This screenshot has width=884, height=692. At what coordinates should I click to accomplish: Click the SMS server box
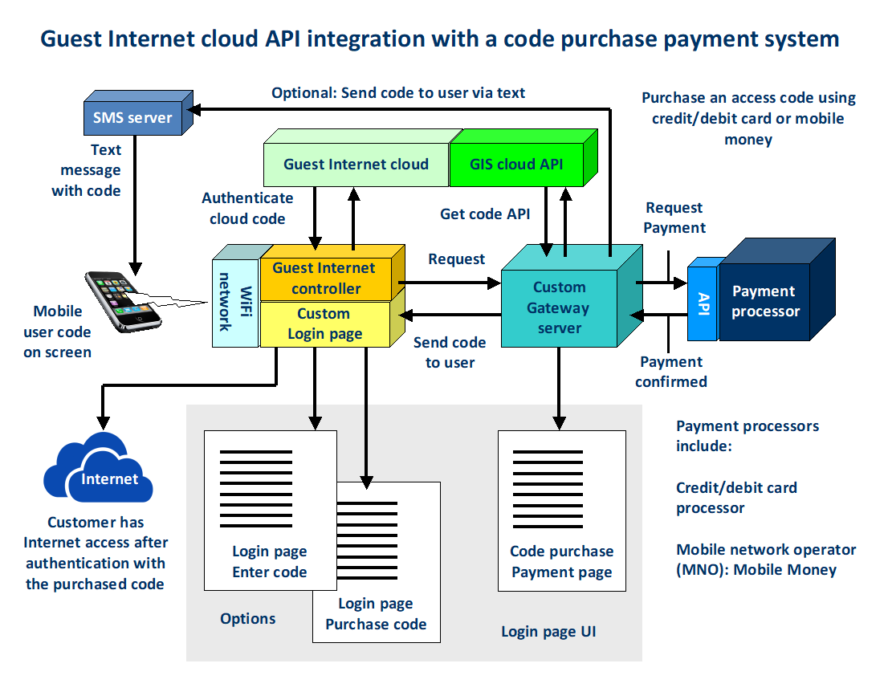click(133, 118)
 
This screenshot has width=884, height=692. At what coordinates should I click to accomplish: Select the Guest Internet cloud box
click(356, 165)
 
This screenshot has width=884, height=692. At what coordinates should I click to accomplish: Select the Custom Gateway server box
click(560, 308)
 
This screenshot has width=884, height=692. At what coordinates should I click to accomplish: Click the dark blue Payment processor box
click(766, 302)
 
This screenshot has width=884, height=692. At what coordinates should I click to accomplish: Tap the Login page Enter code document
click(269, 514)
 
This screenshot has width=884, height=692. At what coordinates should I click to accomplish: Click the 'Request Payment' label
click(674, 218)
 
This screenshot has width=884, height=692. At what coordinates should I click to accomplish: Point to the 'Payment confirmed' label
click(671, 372)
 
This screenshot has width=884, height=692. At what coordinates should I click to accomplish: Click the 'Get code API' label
click(485, 214)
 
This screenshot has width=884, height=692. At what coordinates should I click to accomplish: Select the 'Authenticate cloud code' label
click(247, 208)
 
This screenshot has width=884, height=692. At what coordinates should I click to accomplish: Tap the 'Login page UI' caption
click(548, 632)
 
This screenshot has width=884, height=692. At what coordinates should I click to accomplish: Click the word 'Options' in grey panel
click(248, 618)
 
